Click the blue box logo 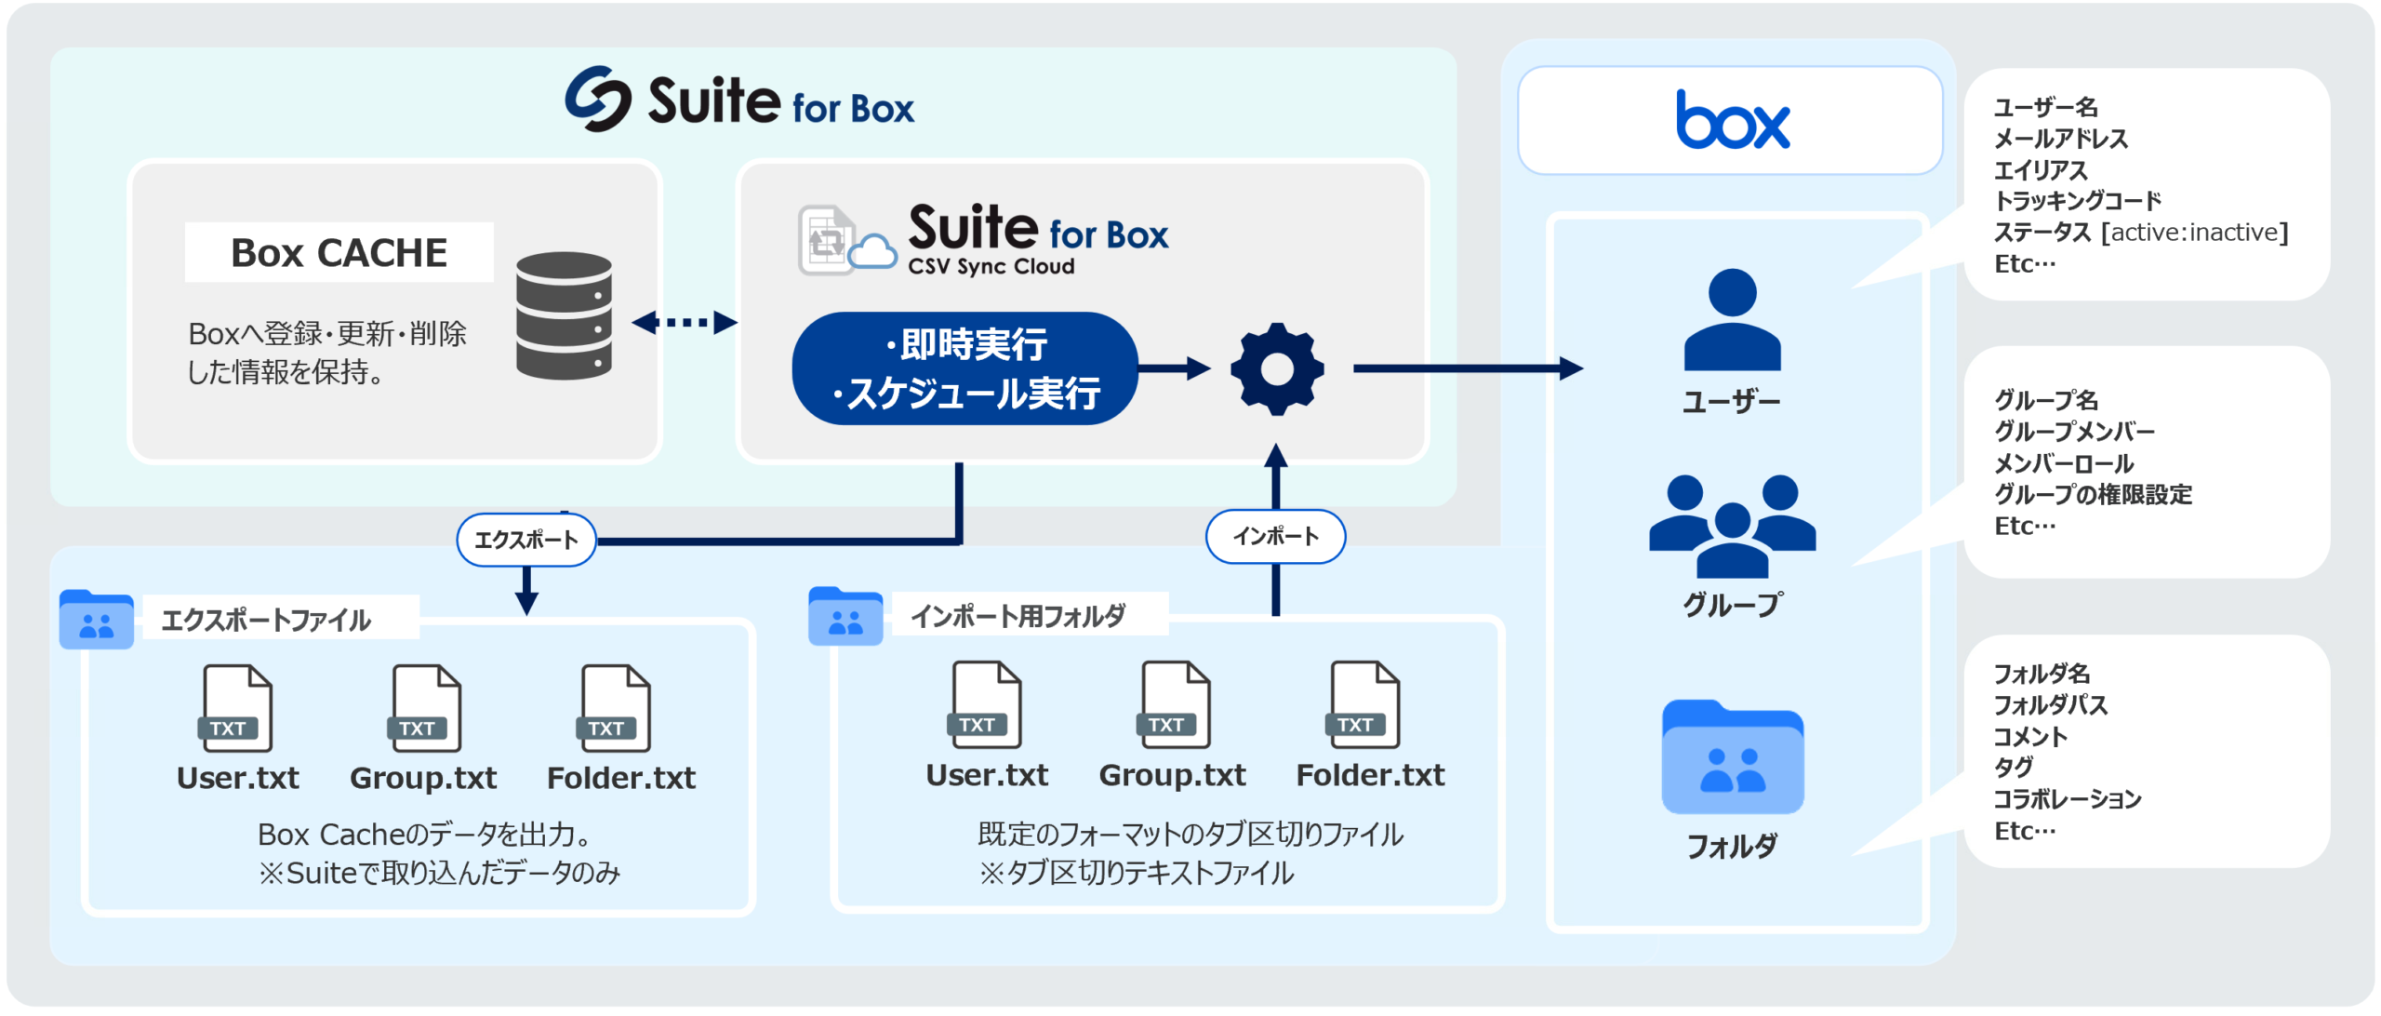click(x=1732, y=121)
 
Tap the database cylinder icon click(x=564, y=315)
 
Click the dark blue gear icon click(x=1277, y=368)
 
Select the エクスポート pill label click(x=526, y=540)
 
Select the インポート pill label click(x=1275, y=536)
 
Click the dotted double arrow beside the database click(x=684, y=323)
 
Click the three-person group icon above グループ click(x=1732, y=526)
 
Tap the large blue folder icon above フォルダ click(x=1732, y=757)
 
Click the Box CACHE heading click(x=339, y=253)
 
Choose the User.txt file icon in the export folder click(x=237, y=708)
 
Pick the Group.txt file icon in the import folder click(x=1175, y=704)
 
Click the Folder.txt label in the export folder click(x=620, y=778)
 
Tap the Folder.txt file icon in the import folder click(x=1364, y=704)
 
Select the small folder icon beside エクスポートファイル click(x=96, y=619)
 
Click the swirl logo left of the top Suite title click(x=598, y=99)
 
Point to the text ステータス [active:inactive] click(x=2140, y=233)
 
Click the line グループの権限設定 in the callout click(x=2093, y=494)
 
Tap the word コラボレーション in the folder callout click(x=2067, y=798)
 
